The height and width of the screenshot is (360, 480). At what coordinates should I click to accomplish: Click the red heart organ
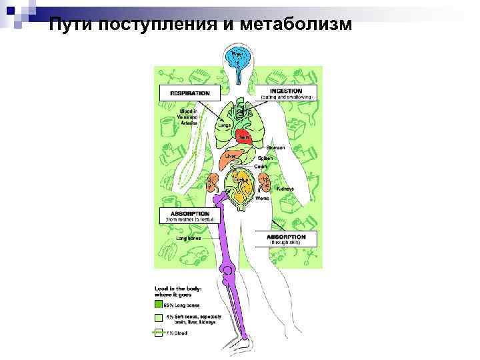(x=243, y=137)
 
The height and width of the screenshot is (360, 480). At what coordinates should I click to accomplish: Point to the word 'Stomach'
(x=276, y=147)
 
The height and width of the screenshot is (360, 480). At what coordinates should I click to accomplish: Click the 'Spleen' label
(x=275, y=157)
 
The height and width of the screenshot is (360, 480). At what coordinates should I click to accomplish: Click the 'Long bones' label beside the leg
(x=188, y=237)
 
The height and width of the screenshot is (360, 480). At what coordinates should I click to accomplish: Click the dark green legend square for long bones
(x=159, y=303)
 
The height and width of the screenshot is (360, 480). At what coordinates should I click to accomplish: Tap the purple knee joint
(x=229, y=271)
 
